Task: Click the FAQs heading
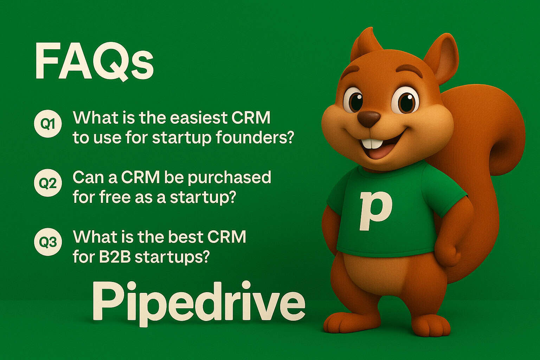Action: (x=94, y=62)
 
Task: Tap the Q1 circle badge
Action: (x=48, y=124)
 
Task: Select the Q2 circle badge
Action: (x=48, y=183)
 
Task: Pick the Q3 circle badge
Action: (x=48, y=242)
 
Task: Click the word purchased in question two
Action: (x=229, y=178)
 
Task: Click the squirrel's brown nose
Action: (x=369, y=118)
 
